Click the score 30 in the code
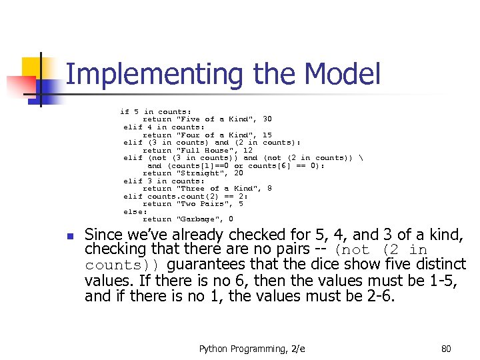pyautogui.click(x=267, y=119)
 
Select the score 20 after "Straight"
pyautogui.click(x=239, y=173)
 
